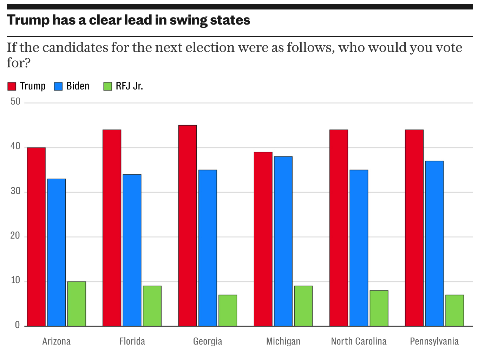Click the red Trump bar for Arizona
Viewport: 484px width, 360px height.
(36, 237)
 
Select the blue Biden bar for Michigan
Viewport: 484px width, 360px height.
(283, 241)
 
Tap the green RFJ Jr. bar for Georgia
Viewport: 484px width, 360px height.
(228, 311)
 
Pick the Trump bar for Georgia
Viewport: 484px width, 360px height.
(188, 226)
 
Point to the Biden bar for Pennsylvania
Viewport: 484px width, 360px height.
(434, 244)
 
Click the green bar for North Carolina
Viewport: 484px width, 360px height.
(379, 308)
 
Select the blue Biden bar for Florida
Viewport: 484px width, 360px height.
(132, 250)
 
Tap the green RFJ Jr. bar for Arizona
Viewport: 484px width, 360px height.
(77, 304)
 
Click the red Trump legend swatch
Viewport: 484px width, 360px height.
(12, 86)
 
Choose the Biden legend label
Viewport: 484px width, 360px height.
(78, 86)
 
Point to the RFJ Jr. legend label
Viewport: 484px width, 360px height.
(129, 86)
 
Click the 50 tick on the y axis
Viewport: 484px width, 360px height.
(15, 102)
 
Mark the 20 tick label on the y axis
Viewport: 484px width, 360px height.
(15, 236)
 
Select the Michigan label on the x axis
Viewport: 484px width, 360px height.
(283, 341)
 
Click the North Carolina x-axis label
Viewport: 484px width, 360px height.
(359, 341)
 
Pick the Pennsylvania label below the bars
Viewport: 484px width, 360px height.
(434, 341)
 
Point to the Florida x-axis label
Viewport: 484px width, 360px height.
(132, 341)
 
